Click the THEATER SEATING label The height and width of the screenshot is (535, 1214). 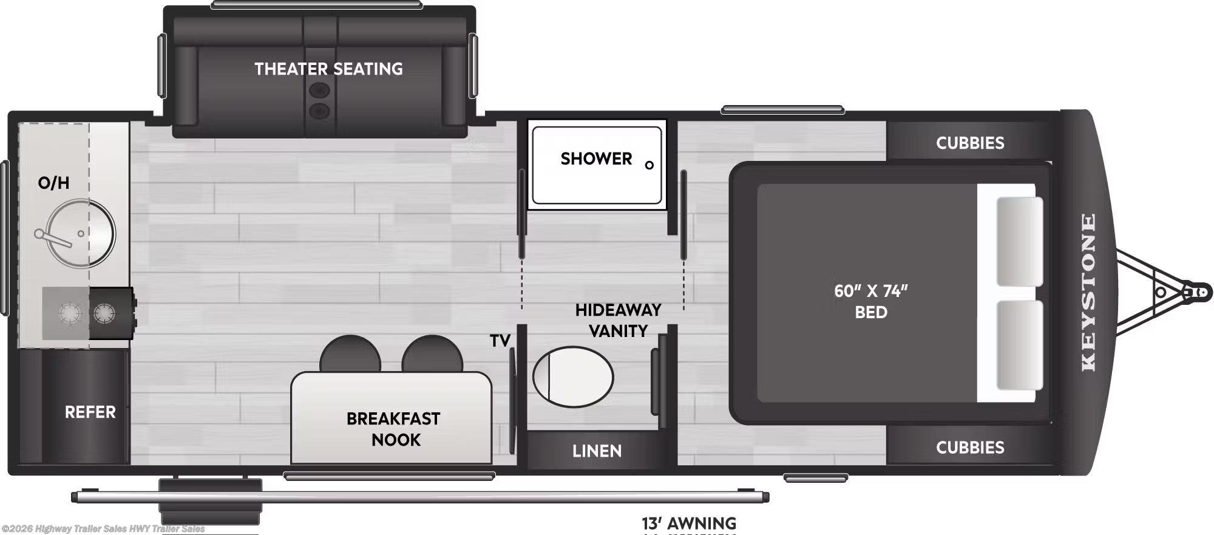(328, 69)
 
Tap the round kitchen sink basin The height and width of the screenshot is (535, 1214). (80, 233)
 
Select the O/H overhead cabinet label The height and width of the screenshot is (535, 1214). (53, 182)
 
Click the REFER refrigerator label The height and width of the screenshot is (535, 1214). (90, 412)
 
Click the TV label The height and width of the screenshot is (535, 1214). (500, 341)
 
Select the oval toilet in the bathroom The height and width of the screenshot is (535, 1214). (573, 377)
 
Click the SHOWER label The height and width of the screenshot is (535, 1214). (596, 159)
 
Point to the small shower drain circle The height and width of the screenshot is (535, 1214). (649, 165)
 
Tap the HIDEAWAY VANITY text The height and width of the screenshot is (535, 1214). (618, 321)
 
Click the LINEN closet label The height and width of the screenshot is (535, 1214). (597, 451)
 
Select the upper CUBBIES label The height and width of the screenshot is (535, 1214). (969, 143)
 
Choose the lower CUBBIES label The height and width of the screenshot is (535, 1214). (969, 448)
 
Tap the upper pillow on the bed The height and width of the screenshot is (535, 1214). (1019, 241)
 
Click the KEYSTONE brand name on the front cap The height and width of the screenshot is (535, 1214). (1089, 292)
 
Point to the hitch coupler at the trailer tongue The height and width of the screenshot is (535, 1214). (1199, 292)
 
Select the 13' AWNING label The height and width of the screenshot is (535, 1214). (689, 523)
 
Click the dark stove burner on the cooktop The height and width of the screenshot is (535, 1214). (104, 314)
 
